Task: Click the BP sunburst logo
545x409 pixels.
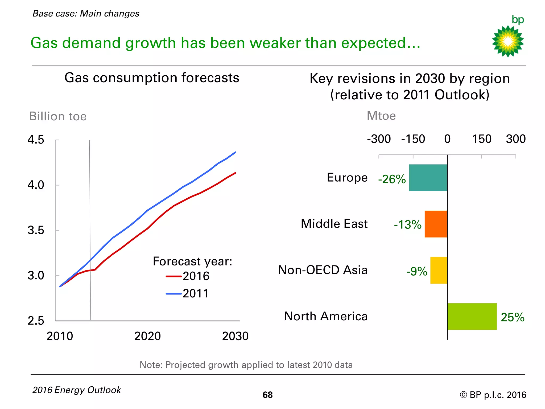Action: tap(508, 41)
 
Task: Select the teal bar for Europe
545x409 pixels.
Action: tap(428, 178)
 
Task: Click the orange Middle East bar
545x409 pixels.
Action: tap(436, 224)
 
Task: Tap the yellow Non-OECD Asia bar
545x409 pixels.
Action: tap(439, 270)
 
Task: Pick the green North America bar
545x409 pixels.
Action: tap(472, 316)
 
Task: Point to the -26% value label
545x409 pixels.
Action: tap(392, 179)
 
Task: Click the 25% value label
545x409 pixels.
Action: tap(513, 317)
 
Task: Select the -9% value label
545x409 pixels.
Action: tap(417, 272)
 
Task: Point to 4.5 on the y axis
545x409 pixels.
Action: tap(36, 140)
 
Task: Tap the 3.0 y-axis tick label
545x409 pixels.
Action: tap(36, 276)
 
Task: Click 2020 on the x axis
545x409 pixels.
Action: tap(147, 336)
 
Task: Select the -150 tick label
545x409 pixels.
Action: tap(413, 139)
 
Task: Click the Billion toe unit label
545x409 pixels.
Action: tap(58, 116)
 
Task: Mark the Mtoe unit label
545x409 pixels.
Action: tap(381, 116)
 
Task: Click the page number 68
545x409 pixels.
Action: tap(267, 395)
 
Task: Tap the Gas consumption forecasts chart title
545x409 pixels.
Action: tap(152, 78)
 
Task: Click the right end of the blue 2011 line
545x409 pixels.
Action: tap(236, 152)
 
